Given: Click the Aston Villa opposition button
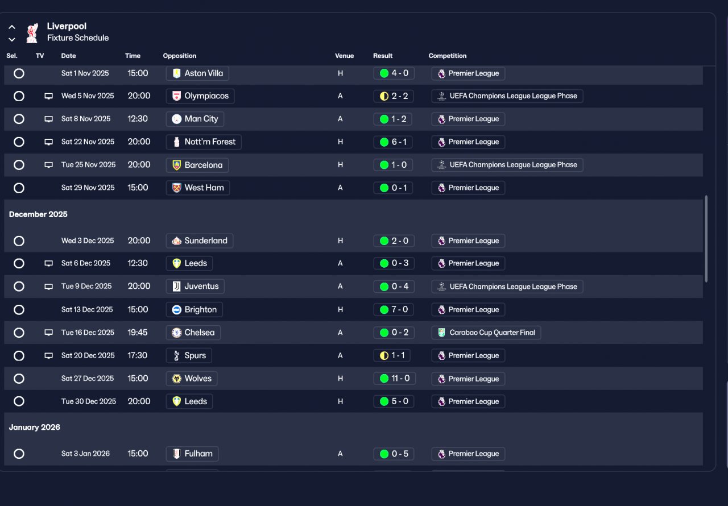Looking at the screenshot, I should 197,73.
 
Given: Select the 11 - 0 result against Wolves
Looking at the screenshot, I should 394,379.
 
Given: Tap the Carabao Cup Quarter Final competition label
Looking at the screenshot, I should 486,333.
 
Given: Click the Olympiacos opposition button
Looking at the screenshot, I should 200,96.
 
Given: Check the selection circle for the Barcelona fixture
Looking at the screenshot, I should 19,165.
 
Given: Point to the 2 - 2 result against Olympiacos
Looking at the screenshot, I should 394,96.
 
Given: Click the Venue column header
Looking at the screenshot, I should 344,56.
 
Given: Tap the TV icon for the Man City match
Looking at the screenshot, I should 49,119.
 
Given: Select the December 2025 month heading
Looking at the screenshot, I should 38,214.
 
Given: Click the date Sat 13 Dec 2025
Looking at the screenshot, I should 87,310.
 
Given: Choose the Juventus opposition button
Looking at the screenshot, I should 195,287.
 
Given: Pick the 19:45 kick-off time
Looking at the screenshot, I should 138,333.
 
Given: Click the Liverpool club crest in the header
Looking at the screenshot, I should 32,33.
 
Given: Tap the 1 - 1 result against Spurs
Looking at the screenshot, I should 394,356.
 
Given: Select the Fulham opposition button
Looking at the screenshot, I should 192,454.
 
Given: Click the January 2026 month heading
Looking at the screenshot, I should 35,427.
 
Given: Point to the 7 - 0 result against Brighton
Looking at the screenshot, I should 394,310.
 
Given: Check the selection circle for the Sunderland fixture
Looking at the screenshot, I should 19,241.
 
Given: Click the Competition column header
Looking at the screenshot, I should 447,56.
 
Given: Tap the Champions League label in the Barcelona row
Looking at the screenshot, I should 507,165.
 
